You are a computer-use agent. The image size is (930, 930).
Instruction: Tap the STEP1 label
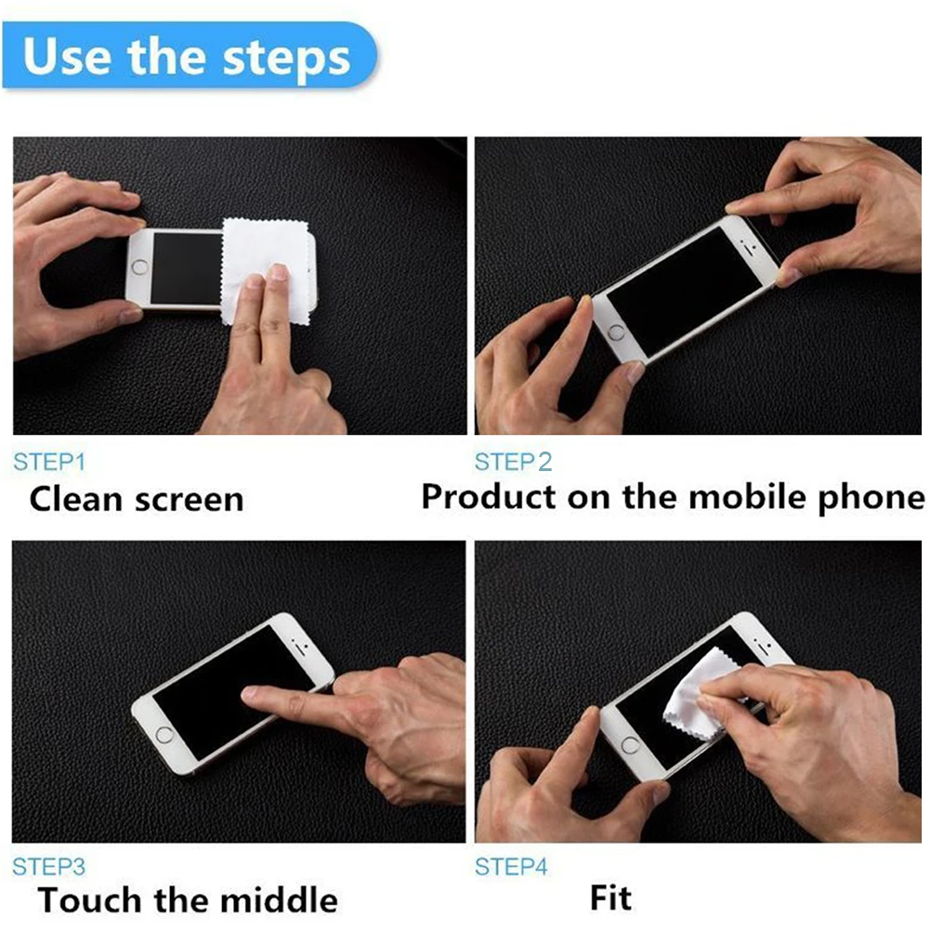point(49,462)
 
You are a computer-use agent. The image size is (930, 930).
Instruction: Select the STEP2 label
point(513,462)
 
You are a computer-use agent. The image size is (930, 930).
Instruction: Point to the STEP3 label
point(48,867)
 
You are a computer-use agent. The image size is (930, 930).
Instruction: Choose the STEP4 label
point(511,867)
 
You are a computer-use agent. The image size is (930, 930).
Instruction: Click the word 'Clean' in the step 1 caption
point(75,499)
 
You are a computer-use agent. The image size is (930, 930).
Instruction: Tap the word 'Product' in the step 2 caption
point(490,496)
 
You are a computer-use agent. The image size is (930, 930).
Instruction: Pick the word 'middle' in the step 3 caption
point(279,899)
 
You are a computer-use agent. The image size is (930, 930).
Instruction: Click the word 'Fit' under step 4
point(610,897)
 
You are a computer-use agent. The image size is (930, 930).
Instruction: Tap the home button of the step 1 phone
point(140,267)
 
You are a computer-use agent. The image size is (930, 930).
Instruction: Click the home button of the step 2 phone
point(616,333)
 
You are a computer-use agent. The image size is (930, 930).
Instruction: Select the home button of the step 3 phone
point(164,735)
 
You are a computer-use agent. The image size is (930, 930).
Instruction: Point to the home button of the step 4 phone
point(630,745)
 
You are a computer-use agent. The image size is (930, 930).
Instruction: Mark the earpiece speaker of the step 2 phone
point(749,251)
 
